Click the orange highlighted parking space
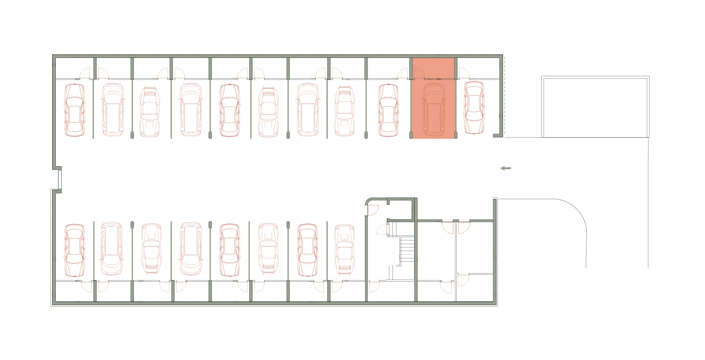pyautogui.click(x=433, y=98)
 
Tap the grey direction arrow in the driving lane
pyautogui.click(x=505, y=168)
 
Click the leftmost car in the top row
pyautogui.click(x=75, y=110)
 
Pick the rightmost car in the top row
pyautogui.click(x=474, y=107)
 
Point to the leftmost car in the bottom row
pyautogui.click(x=75, y=250)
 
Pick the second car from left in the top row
pyautogui.click(x=113, y=110)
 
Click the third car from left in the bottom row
pyautogui.click(x=151, y=249)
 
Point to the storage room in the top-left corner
pyautogui.click(x=74, y=67)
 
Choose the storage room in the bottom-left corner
pyautogui.click(x=74, y=291)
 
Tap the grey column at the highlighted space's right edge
pyautogui.click(x=456, y=135)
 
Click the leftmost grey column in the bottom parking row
pyautogui.click(x=132, y=225)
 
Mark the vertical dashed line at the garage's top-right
pyautogui.click(x=505, y=96)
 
